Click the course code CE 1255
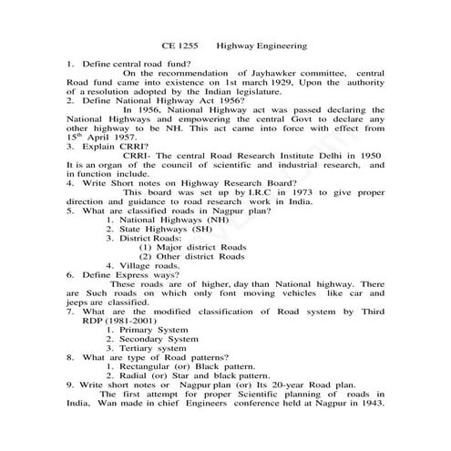click(179, 46)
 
